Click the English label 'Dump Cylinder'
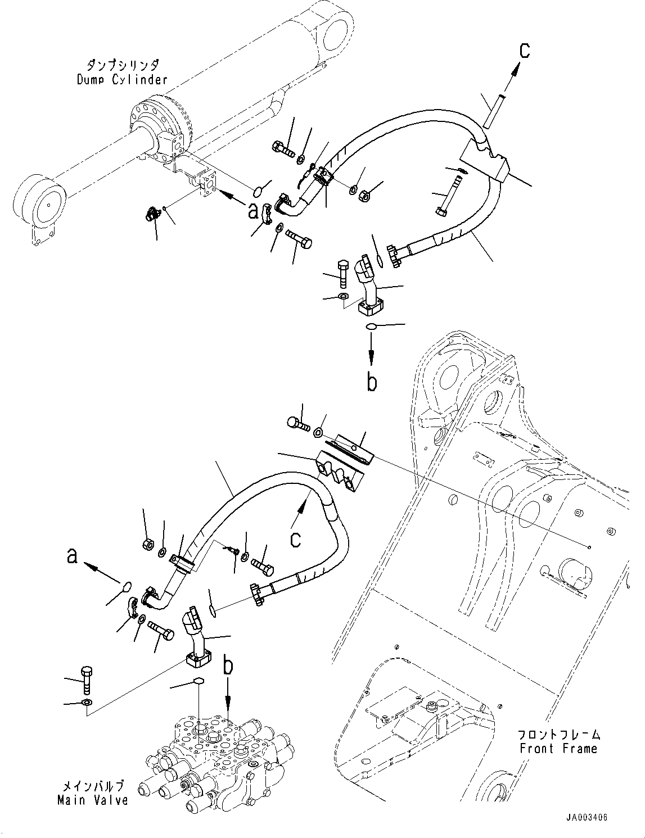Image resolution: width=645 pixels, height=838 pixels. (x=122, y=79)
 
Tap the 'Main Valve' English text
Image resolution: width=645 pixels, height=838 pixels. (x=93, y=799)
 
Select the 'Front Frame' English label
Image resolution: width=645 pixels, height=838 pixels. (x=558, y=748)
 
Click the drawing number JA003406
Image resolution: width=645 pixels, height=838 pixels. (x=587, y=818)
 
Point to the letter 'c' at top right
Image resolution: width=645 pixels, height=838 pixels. (x=524, y=51)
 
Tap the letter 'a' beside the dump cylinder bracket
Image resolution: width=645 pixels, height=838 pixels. (x=254, y=211)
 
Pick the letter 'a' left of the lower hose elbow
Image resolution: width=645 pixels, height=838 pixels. (x=72, y=557)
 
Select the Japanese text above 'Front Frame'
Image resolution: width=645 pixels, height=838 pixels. (x=558, y=735)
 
